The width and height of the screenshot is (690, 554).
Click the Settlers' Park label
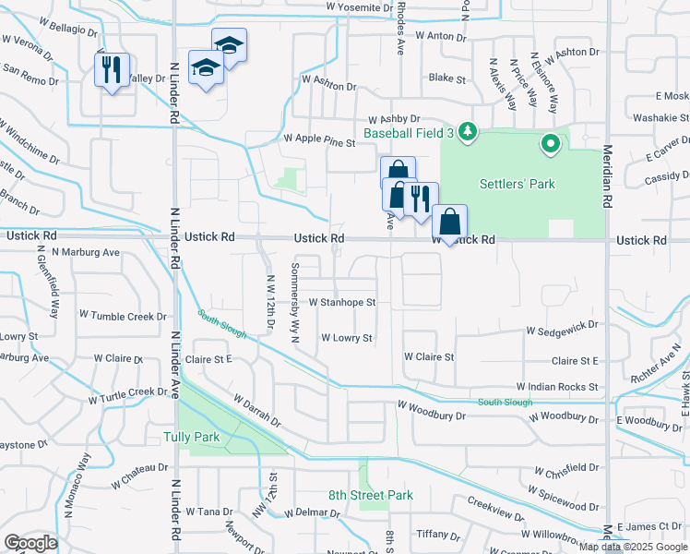pos(517,184)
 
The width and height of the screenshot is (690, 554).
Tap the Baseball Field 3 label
pos(409,134)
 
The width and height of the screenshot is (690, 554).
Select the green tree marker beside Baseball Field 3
pos(468,131)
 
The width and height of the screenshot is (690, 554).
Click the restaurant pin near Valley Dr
pos(110,69)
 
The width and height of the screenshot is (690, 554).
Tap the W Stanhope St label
pos(341,302)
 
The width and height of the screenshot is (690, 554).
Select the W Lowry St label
pos(346,338)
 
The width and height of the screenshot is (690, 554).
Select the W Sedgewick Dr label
pos(562,329)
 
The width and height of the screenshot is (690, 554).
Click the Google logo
pos(30,543)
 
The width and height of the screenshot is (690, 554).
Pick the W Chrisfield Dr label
pos(558,467)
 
